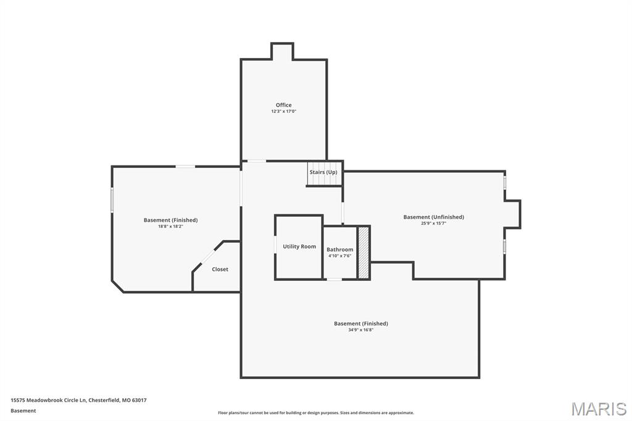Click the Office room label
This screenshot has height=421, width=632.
283,105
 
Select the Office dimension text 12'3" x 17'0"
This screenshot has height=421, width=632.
283,112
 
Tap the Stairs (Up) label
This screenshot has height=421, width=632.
323,172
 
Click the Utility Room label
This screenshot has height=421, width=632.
299,246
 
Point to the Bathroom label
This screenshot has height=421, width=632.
340,249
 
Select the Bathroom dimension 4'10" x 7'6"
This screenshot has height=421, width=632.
340,256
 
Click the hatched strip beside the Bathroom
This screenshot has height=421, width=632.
364,252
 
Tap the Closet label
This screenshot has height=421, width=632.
220,269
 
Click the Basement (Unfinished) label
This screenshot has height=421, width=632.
433,217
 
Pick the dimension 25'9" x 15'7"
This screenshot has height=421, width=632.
433,223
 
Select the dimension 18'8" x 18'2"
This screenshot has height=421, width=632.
170,227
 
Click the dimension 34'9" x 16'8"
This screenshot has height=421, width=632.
360,330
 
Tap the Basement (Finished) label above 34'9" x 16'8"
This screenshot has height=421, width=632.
360,323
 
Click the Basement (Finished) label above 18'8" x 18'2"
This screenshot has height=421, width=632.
170,220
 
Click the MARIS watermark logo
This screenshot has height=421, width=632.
598,409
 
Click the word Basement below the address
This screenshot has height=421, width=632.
23,411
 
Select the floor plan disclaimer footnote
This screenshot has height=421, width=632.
315,413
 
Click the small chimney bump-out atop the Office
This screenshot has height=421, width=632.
282,51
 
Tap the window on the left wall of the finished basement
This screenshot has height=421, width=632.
112,200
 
